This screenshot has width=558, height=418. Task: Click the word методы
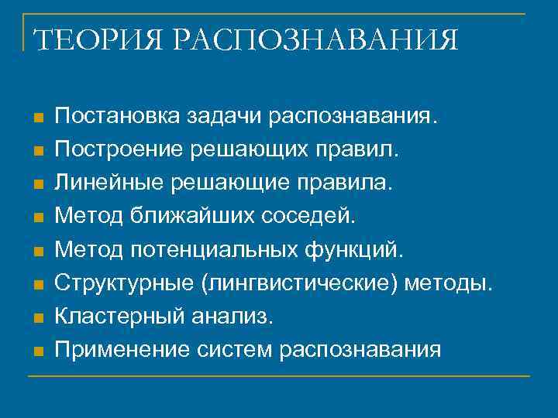tap(453, 284)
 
